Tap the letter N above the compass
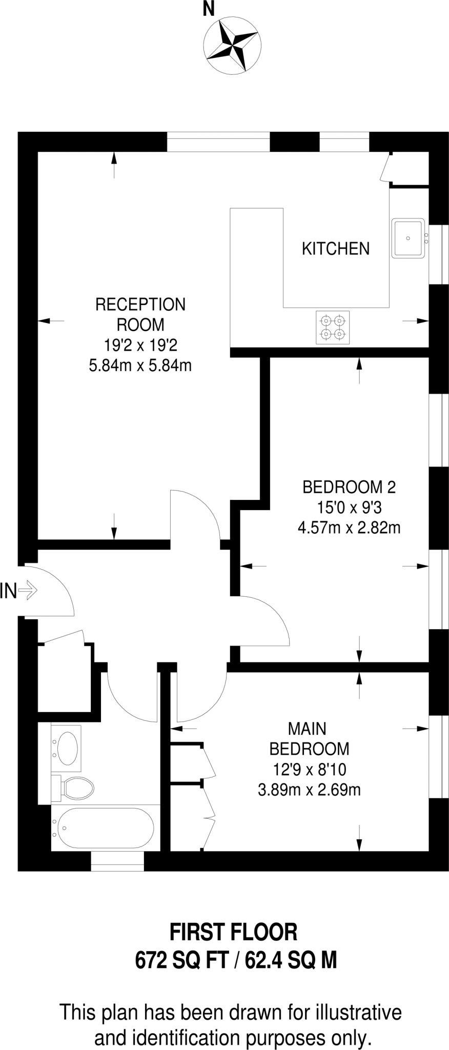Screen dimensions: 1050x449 pos(208,10)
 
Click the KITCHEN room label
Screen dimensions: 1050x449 pos(335,249)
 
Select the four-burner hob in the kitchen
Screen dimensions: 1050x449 pos(332,328)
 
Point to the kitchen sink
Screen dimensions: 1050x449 pos(408,238)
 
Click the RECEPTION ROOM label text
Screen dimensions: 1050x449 pos(140,314)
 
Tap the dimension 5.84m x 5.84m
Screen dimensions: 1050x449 pos(140,366)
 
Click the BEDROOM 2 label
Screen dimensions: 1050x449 pos(349,487)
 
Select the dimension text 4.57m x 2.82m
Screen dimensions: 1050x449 pos(349,528)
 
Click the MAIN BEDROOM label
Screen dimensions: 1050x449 pos(309,738)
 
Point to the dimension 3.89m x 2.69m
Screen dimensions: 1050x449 pos(309,790)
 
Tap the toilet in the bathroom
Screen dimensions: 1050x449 pos(76,787)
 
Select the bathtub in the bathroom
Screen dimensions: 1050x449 pos(105,828)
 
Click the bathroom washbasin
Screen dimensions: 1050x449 pos(68,748)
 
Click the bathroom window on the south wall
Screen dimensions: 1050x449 pos(117,861)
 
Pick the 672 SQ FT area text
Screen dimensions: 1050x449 pos(181,960)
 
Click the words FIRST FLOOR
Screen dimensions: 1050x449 pos(233,932)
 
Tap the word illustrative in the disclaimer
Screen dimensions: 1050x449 pos(357,1013)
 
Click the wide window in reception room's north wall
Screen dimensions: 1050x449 pos(218,142)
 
